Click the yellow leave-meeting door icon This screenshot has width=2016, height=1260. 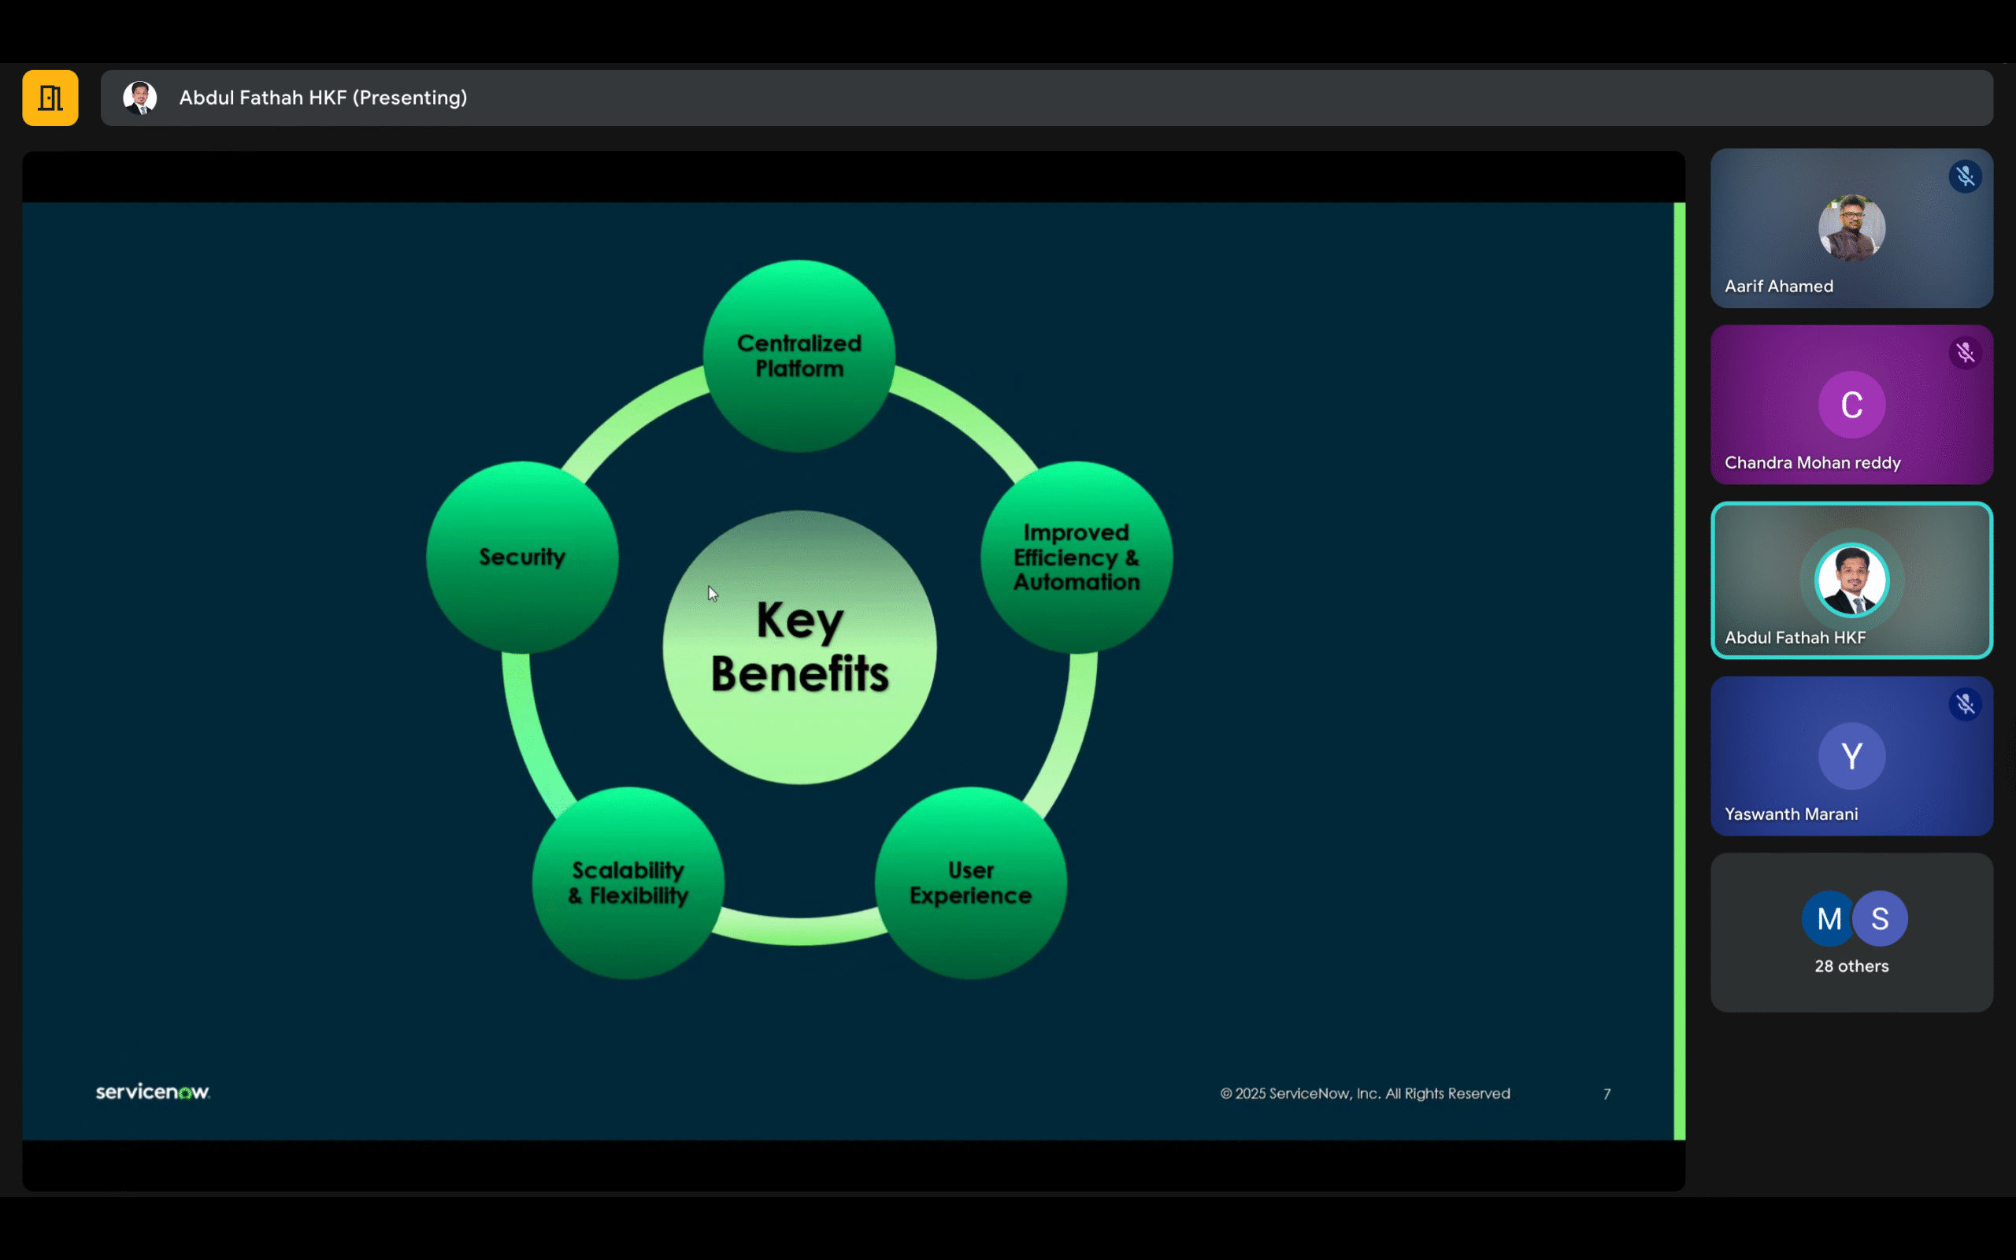point(50,98)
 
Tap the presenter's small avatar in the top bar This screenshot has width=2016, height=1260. point(140,98)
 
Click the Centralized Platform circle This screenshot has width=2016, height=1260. point(799,356)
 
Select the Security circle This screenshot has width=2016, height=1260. point(522,557)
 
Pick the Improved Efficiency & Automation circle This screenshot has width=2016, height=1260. point(1077,557)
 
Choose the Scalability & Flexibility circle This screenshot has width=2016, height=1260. point(628,883)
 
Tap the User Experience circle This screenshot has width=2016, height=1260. point(970,883)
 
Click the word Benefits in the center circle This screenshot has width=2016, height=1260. point(800,673)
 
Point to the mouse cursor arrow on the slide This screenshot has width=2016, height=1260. point(712,593)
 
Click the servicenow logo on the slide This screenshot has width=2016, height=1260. point(153,1091)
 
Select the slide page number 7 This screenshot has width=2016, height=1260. point(1607,1093)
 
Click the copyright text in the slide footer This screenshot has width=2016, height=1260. point(1365,1093)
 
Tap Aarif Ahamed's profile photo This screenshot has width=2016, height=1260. point(1851,228)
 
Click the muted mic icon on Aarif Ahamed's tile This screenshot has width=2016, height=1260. point(1965,176)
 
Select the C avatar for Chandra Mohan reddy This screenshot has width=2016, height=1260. point(1851,405)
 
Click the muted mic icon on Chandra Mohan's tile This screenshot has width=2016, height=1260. point(1965,354)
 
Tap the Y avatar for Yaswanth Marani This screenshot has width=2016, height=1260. point(1851,756)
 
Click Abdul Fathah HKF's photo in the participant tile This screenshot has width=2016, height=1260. point(1851,580)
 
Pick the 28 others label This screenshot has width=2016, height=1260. point(1851,965)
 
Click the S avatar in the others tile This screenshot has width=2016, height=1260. point(1881,918)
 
